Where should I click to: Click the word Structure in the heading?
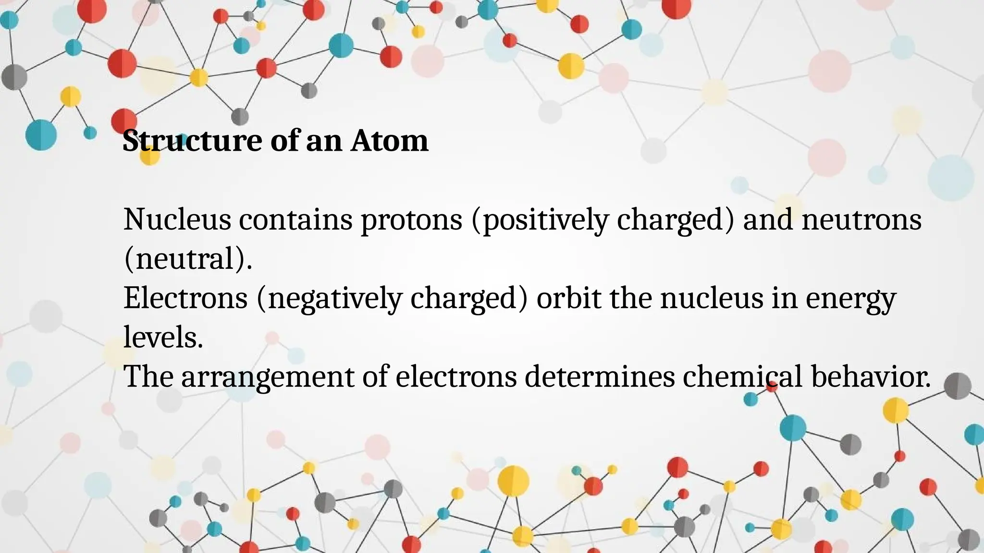click(x=192, y=141)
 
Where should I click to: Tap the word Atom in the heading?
click(x=389, y=141)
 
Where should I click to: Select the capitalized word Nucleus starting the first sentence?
click(x=177, y=219)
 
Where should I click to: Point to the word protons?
click(x=411, y=219)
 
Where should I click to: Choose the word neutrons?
click(x=861, y=219)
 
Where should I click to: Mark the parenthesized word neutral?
click(x=188, y=259)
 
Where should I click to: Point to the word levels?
click(x=163, y=337)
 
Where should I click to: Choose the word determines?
click(x=600, y=376)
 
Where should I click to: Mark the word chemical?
click(x=742, y=376)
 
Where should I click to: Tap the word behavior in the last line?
click(x=871, y=376)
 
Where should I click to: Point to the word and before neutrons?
click(x=768, y=219)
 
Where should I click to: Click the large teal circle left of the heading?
click(x=41, y=135)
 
